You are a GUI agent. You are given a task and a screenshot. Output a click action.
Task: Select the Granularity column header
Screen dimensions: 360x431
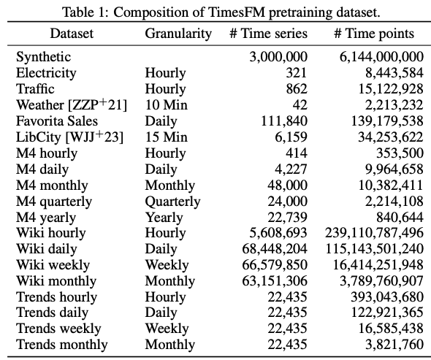[178, 34]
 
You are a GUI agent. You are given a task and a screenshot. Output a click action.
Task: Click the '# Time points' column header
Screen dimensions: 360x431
[374, 34]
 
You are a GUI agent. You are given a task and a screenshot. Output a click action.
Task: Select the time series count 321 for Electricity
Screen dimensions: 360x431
[297, 72]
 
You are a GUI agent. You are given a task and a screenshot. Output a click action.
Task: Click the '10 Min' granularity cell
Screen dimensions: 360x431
[166, 104]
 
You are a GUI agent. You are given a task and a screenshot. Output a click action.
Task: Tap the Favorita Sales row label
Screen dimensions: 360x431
[56, 120]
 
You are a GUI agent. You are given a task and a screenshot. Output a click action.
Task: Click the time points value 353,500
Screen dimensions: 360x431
[400, 153]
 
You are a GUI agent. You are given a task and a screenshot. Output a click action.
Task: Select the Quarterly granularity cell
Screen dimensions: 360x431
[172, 201]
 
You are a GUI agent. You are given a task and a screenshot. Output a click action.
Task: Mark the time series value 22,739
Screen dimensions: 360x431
[289, 217]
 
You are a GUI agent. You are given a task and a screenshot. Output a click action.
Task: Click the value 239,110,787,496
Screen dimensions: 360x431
[374, 233]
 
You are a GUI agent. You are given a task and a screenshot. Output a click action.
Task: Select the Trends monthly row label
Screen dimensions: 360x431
[61, 345]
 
